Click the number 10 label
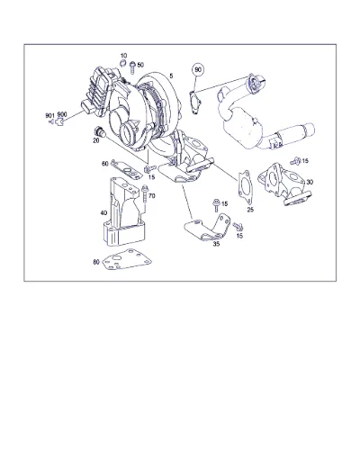pyautogui.click(x=123, y=56)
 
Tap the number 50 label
pyautogui.click(x=140, y=65)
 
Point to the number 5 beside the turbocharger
pyautogui.click(x=171, y=76)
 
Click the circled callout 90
pyautogui.click(x=198, y=69)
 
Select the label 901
pyautogui.click(x=49, y=115)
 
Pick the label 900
pyautogui.click(x=62, y=114)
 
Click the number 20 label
pyautogui.click(x=96, y=140)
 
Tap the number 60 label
pyautogui.click(x=105, y=164)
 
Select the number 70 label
pyautogui.click(x=152, y=196)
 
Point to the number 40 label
pyautogui.click(x=103, y=213)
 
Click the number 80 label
pyautogui.click(x=96, y=262)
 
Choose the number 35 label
pyautogui.click(x=216, y=244)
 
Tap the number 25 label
pyautogui.click(x=250, y=210)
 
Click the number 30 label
pyautogui.click(x=310, y=182)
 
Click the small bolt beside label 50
pyautogui.click(x=132, y=67)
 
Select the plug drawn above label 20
pyautogui.click(x=99, y=131)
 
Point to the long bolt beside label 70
pyautogui.click(x=145, y=195)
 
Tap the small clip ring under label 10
pyautogui.click(x=123, y=63)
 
